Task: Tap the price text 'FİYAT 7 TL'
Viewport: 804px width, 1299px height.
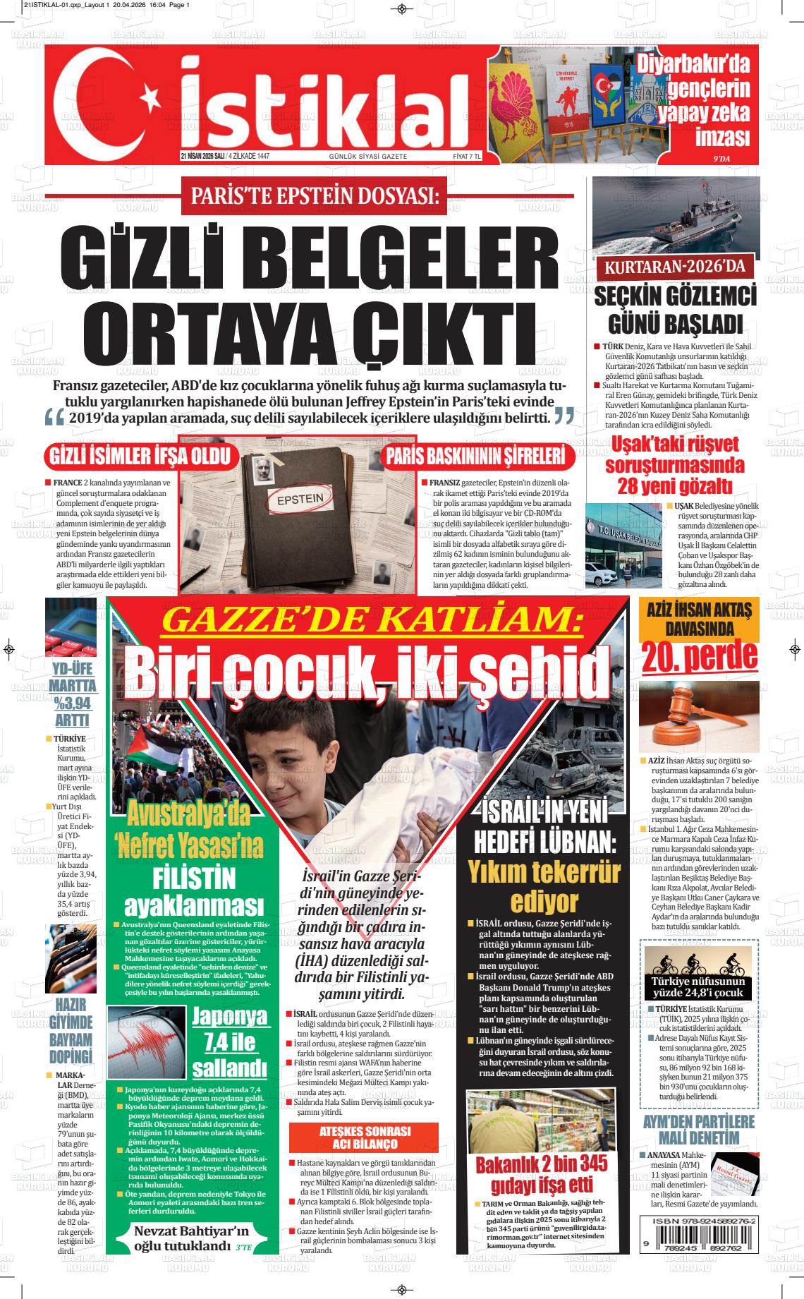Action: [x=466, y=156]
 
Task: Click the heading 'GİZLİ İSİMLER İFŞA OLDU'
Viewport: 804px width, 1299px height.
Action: [x=138, y=457]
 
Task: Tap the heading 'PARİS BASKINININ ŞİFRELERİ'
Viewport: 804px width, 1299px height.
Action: [x=475, y=457]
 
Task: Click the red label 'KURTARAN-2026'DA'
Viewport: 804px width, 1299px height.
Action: [x=675, y=268]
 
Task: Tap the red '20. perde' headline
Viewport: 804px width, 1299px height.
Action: [x=700, y=658]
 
